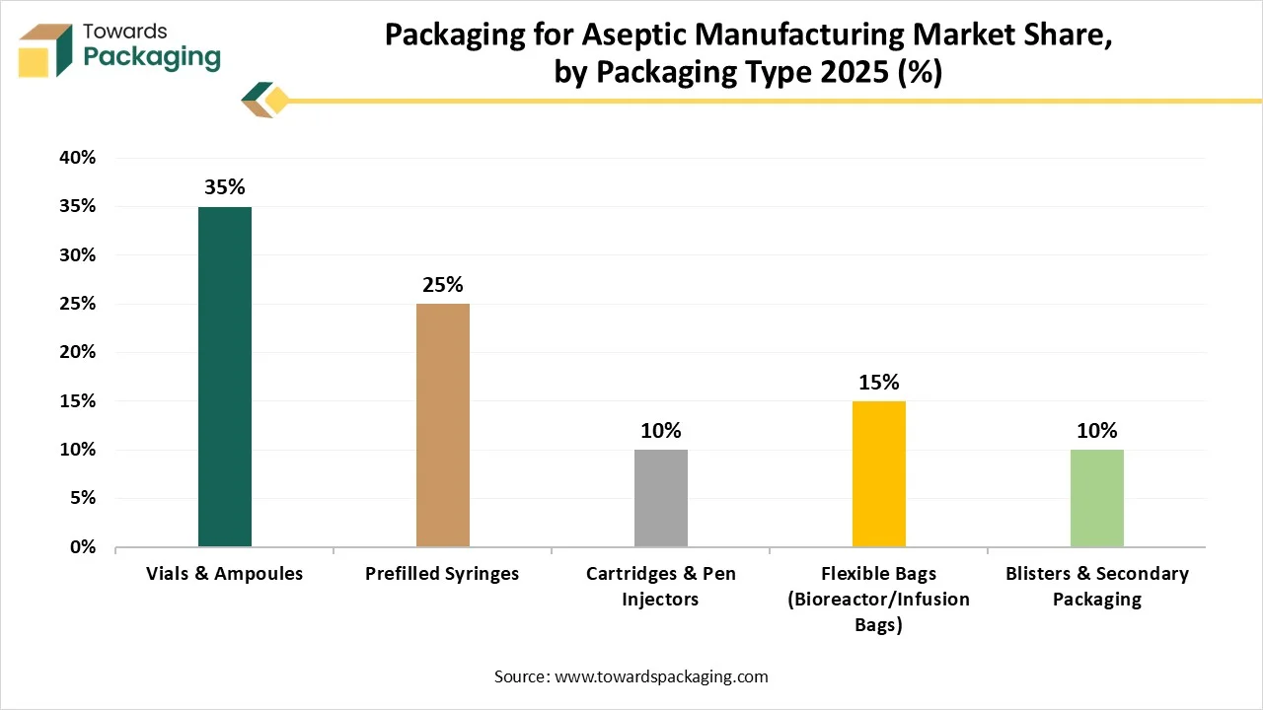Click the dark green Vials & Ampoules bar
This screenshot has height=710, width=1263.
(225, 377)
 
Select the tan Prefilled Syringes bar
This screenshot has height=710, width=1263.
(443, 425)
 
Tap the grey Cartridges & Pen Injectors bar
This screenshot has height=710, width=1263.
(661, 498)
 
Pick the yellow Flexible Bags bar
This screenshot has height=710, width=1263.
(879, 473)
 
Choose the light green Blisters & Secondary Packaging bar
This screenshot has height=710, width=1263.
(1097, 498)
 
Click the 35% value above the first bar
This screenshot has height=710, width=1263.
(225, 187)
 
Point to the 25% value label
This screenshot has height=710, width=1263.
(443, 285)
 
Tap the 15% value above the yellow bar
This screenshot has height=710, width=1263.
(879, 383)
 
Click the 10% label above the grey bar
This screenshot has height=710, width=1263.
(661, 431)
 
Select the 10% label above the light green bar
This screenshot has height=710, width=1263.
(1097, 431)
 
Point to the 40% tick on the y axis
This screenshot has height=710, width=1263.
(78, 158)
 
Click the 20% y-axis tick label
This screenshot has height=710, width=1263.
(78, 352)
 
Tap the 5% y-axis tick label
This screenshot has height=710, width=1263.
(83, 498)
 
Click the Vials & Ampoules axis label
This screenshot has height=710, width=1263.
(225, 574)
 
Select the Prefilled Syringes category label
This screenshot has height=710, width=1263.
(443, 574)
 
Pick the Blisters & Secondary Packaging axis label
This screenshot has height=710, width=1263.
(1097, 587)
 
